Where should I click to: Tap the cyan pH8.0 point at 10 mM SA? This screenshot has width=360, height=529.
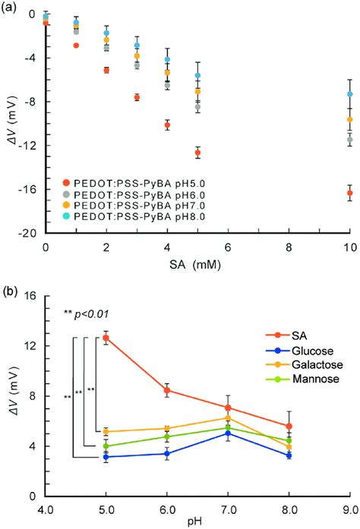click(349, 94)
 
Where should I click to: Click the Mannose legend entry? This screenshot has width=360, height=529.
click(286, 377)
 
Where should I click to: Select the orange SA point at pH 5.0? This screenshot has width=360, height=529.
click(106, 338)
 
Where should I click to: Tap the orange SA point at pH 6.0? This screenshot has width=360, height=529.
click(167, 390)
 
